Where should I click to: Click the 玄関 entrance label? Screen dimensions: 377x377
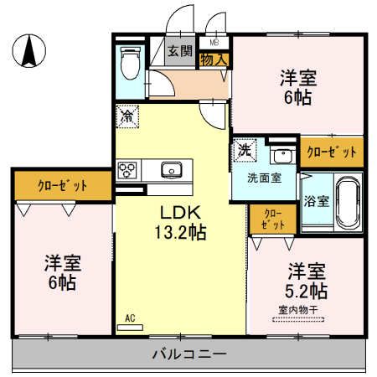pos(179,50)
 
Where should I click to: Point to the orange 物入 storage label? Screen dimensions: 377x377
pos(214,59)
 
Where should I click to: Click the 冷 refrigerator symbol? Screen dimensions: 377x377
pos(126,116)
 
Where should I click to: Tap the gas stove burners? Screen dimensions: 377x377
pos(129,170)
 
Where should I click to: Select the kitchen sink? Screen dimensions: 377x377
pos(171,169)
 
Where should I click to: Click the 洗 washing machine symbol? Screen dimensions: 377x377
pos(243,151)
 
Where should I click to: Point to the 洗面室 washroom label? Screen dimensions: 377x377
pos(262,178)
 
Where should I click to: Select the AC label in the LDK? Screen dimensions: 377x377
pos(130,318)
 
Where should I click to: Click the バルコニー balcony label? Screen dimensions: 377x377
pos(188,354)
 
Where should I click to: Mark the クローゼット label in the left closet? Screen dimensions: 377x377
pos(61,183)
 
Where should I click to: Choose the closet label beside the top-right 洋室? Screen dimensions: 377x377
pos(332,152)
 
